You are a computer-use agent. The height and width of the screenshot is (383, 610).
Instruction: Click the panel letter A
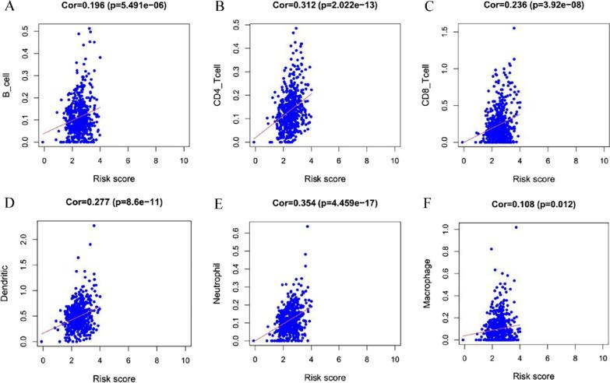tap(7, 9)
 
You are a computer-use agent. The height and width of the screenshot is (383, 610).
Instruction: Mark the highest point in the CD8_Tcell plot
tap(514, 28)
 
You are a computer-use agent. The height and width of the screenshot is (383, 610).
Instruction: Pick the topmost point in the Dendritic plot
tap(94, 226)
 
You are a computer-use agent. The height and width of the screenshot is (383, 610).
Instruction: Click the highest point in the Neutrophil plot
tap(307, 227)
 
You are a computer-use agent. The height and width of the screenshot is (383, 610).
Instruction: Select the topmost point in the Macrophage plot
tap(516, 227)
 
